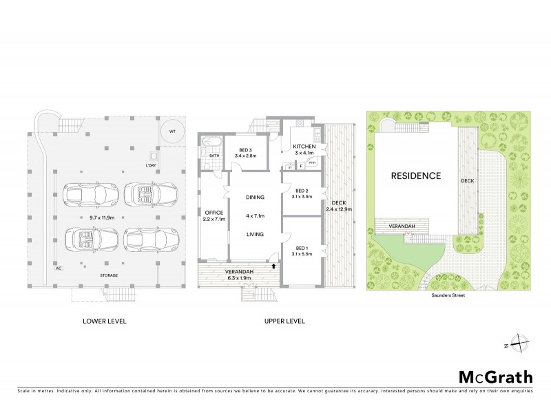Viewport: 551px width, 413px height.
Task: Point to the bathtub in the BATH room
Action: click(210, 145)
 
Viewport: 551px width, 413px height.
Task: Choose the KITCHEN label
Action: click(304, 147)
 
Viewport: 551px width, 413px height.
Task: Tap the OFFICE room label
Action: click(211, 212)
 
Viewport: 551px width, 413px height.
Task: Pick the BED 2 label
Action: click(302, 191)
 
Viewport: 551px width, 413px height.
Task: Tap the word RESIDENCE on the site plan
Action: click(415, 176)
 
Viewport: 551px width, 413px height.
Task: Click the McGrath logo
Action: click(495, 377)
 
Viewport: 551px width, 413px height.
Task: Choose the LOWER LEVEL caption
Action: click(104, 321)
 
